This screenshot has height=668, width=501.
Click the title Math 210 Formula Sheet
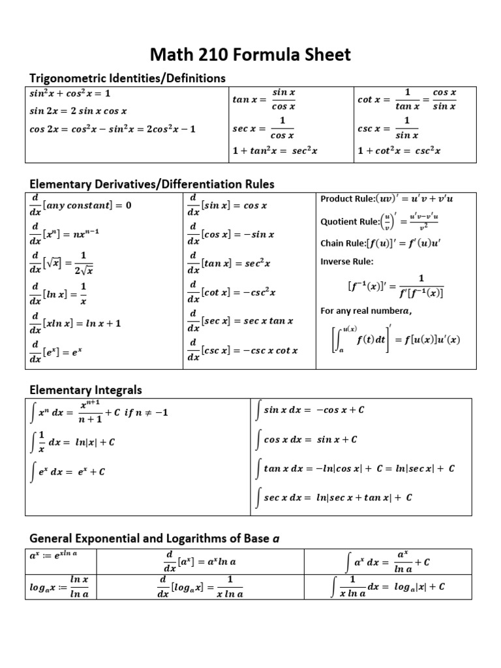250,54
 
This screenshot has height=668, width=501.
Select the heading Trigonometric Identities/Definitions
127,78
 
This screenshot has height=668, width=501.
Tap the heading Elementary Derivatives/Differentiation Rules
152,184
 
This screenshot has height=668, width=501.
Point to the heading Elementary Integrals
85,389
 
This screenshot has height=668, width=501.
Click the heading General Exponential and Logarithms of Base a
155,538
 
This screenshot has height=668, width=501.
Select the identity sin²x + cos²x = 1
70,93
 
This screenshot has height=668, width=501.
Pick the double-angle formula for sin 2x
78,111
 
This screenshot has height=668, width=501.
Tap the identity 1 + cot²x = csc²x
399,151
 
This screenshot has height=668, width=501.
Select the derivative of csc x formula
242,350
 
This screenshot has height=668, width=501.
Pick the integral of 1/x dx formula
73,442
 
